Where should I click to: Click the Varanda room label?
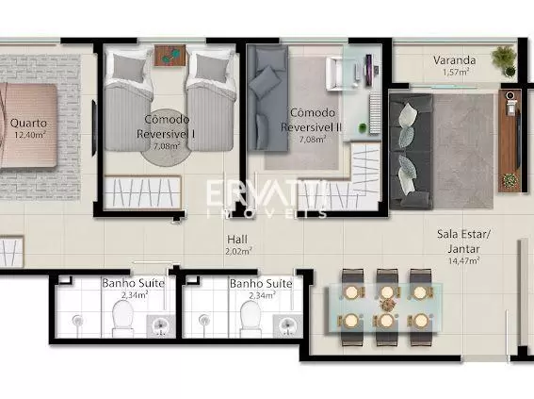(454, 60)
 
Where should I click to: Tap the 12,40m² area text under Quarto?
(30, 135)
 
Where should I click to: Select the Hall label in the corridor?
(237, 240)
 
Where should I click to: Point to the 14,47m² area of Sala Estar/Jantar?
(464, 261)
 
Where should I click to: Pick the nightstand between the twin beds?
(170, 56)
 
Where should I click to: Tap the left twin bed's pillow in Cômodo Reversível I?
(129, 67)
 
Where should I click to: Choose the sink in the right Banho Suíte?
(288, 325)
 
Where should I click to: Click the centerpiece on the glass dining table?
(386, 304)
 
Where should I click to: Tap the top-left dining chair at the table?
(352, 286)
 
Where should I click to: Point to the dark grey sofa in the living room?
(412, 151)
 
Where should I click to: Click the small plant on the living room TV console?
(510, 180)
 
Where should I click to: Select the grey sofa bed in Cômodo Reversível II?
(267, 98)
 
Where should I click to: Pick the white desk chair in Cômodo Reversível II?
(334, 74)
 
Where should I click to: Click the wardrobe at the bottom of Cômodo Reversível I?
(143, 192)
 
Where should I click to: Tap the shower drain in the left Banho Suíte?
(77, 321)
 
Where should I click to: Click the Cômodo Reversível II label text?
(311, 120)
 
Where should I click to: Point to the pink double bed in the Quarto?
(28, 125)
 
